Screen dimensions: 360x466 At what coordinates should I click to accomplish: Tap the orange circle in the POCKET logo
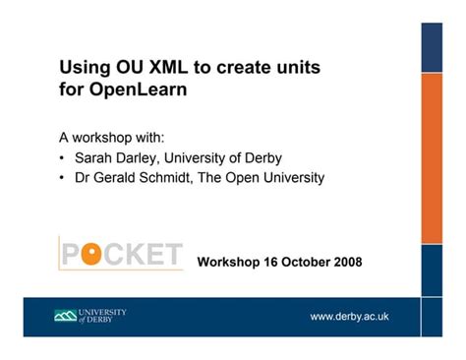[92, 256]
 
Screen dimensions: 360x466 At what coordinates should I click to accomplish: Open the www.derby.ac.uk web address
[349, 316]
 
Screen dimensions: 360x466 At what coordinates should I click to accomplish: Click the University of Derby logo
[89, 316]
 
